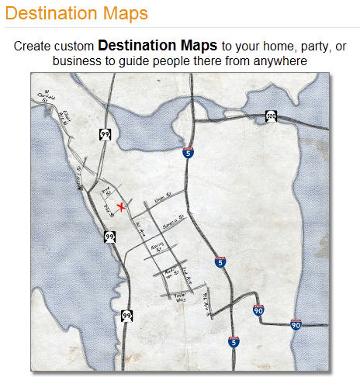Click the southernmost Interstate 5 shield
pyautogui.click(x=234, y=341)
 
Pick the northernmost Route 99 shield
pyautogui.click(x=106, y=134)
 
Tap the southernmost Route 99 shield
pyautogui.click(x=126, y=315)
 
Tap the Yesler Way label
pyautogui.click(x=181, y=297)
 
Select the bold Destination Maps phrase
pyautogui.click(x=157, y=46)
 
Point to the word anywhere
pyautogui.click(x=281, y=60)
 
